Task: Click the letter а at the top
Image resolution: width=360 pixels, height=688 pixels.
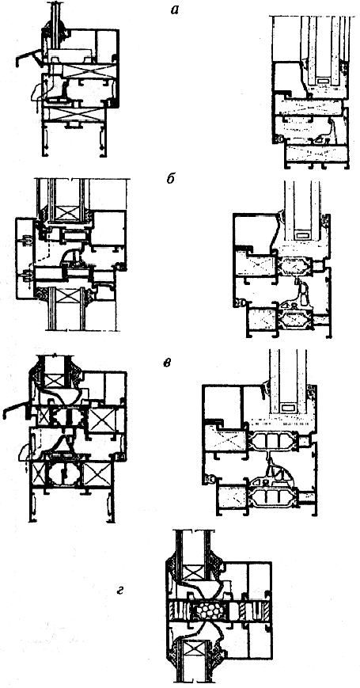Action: (x=175, y=10)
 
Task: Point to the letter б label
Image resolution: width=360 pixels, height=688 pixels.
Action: (x=172, y=180)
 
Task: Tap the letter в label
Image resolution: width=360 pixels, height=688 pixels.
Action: (x=167, y=364)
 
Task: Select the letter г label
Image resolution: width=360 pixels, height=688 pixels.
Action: (x=119, y=592)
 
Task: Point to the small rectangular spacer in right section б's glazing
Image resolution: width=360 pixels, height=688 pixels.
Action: (x=303, y=236)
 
